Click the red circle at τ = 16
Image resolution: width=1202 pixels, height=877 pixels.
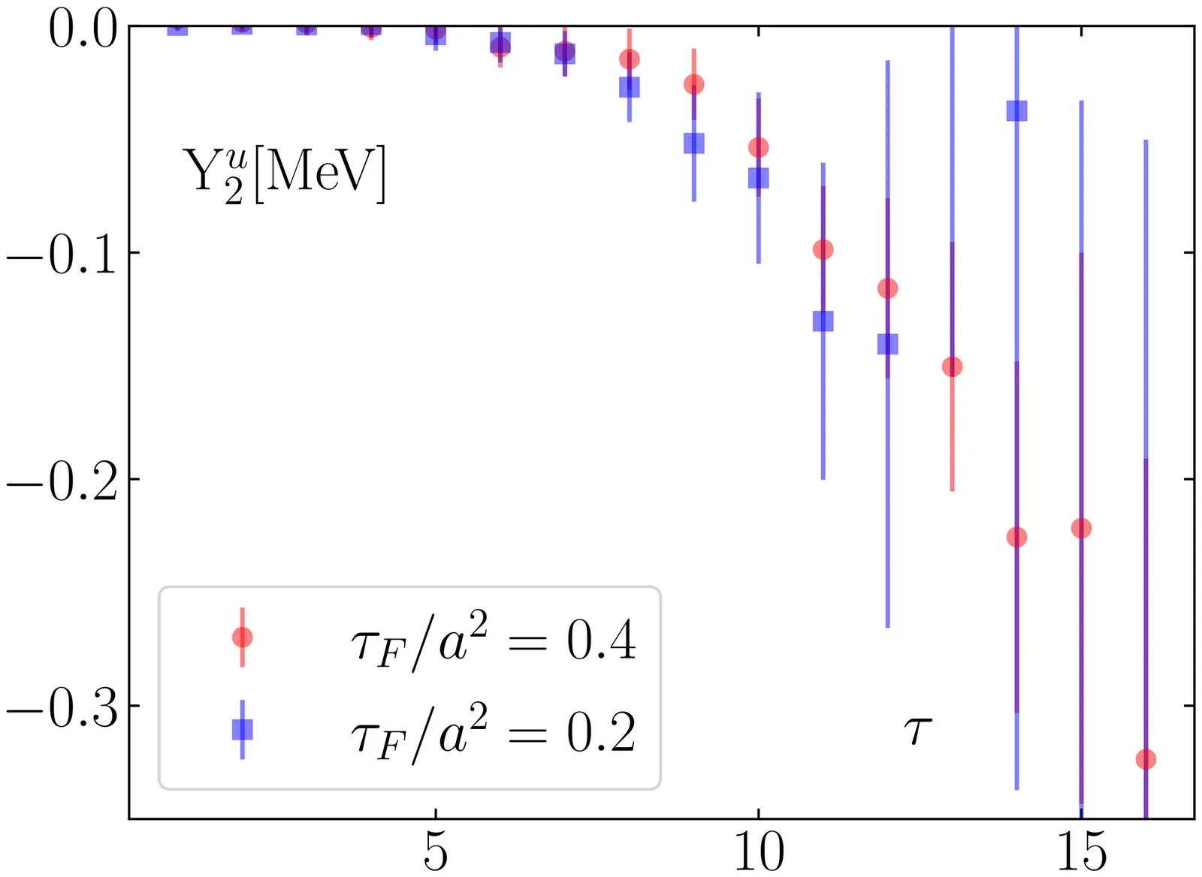1146,759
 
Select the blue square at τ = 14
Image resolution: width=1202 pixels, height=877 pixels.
1016,111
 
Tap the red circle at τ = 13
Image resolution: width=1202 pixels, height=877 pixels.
952,367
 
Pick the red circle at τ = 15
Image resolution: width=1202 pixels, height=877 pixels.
1081,529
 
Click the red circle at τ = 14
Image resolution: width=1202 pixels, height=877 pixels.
1016,537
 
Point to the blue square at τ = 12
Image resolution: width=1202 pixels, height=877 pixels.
887,345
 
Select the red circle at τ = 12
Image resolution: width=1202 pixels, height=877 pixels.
887,288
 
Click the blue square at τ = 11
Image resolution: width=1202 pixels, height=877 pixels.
823,321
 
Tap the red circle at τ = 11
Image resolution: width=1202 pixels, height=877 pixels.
823,249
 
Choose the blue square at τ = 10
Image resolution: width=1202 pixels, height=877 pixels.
759,178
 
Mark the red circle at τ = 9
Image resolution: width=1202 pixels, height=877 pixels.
694,84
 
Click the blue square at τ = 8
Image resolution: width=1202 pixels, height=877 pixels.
630,87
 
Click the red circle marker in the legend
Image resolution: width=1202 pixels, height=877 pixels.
242,637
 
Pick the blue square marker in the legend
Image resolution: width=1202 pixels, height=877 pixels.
242,729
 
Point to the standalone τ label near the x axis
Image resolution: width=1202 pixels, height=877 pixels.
917,729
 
